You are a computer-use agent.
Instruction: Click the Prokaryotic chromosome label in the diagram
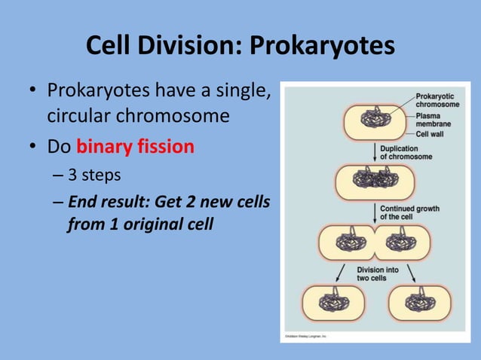[x=437, y=100]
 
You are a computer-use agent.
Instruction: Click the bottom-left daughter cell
[x=332, y=304]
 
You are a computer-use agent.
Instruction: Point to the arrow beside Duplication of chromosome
[x=374, y=152]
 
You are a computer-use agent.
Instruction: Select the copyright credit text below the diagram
[x=305, y=336]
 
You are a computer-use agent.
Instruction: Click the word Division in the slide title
[x=183, y=46]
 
